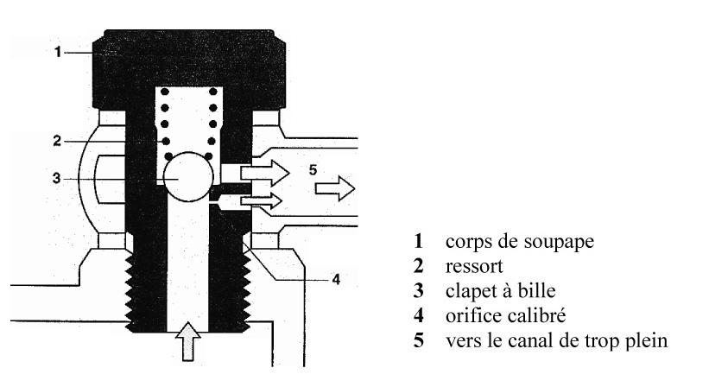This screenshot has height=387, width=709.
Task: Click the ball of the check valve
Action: pos(188,177)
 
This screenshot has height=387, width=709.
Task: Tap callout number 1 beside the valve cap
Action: pos(57,52)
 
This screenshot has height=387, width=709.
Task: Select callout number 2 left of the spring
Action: pos(56,141)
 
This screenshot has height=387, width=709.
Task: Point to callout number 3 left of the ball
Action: pos(56,178)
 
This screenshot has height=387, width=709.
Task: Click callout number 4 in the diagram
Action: pos(336,279)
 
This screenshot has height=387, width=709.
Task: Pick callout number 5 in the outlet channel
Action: pos(313,170)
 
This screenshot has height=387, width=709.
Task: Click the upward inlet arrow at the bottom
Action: pos(187,341)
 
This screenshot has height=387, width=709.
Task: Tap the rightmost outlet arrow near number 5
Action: pos(335,188)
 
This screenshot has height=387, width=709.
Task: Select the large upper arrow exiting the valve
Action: pos(265,173)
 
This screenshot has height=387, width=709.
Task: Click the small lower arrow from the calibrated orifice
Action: pos(262,200)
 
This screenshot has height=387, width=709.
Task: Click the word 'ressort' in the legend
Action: pos(474,266)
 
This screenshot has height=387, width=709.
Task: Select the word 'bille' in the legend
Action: pos(537,290)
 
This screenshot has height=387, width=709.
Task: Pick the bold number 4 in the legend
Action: pos(419,315)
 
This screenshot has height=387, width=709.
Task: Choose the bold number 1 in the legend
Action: pos(419,241)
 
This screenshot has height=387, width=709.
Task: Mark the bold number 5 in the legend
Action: pos(419,340)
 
